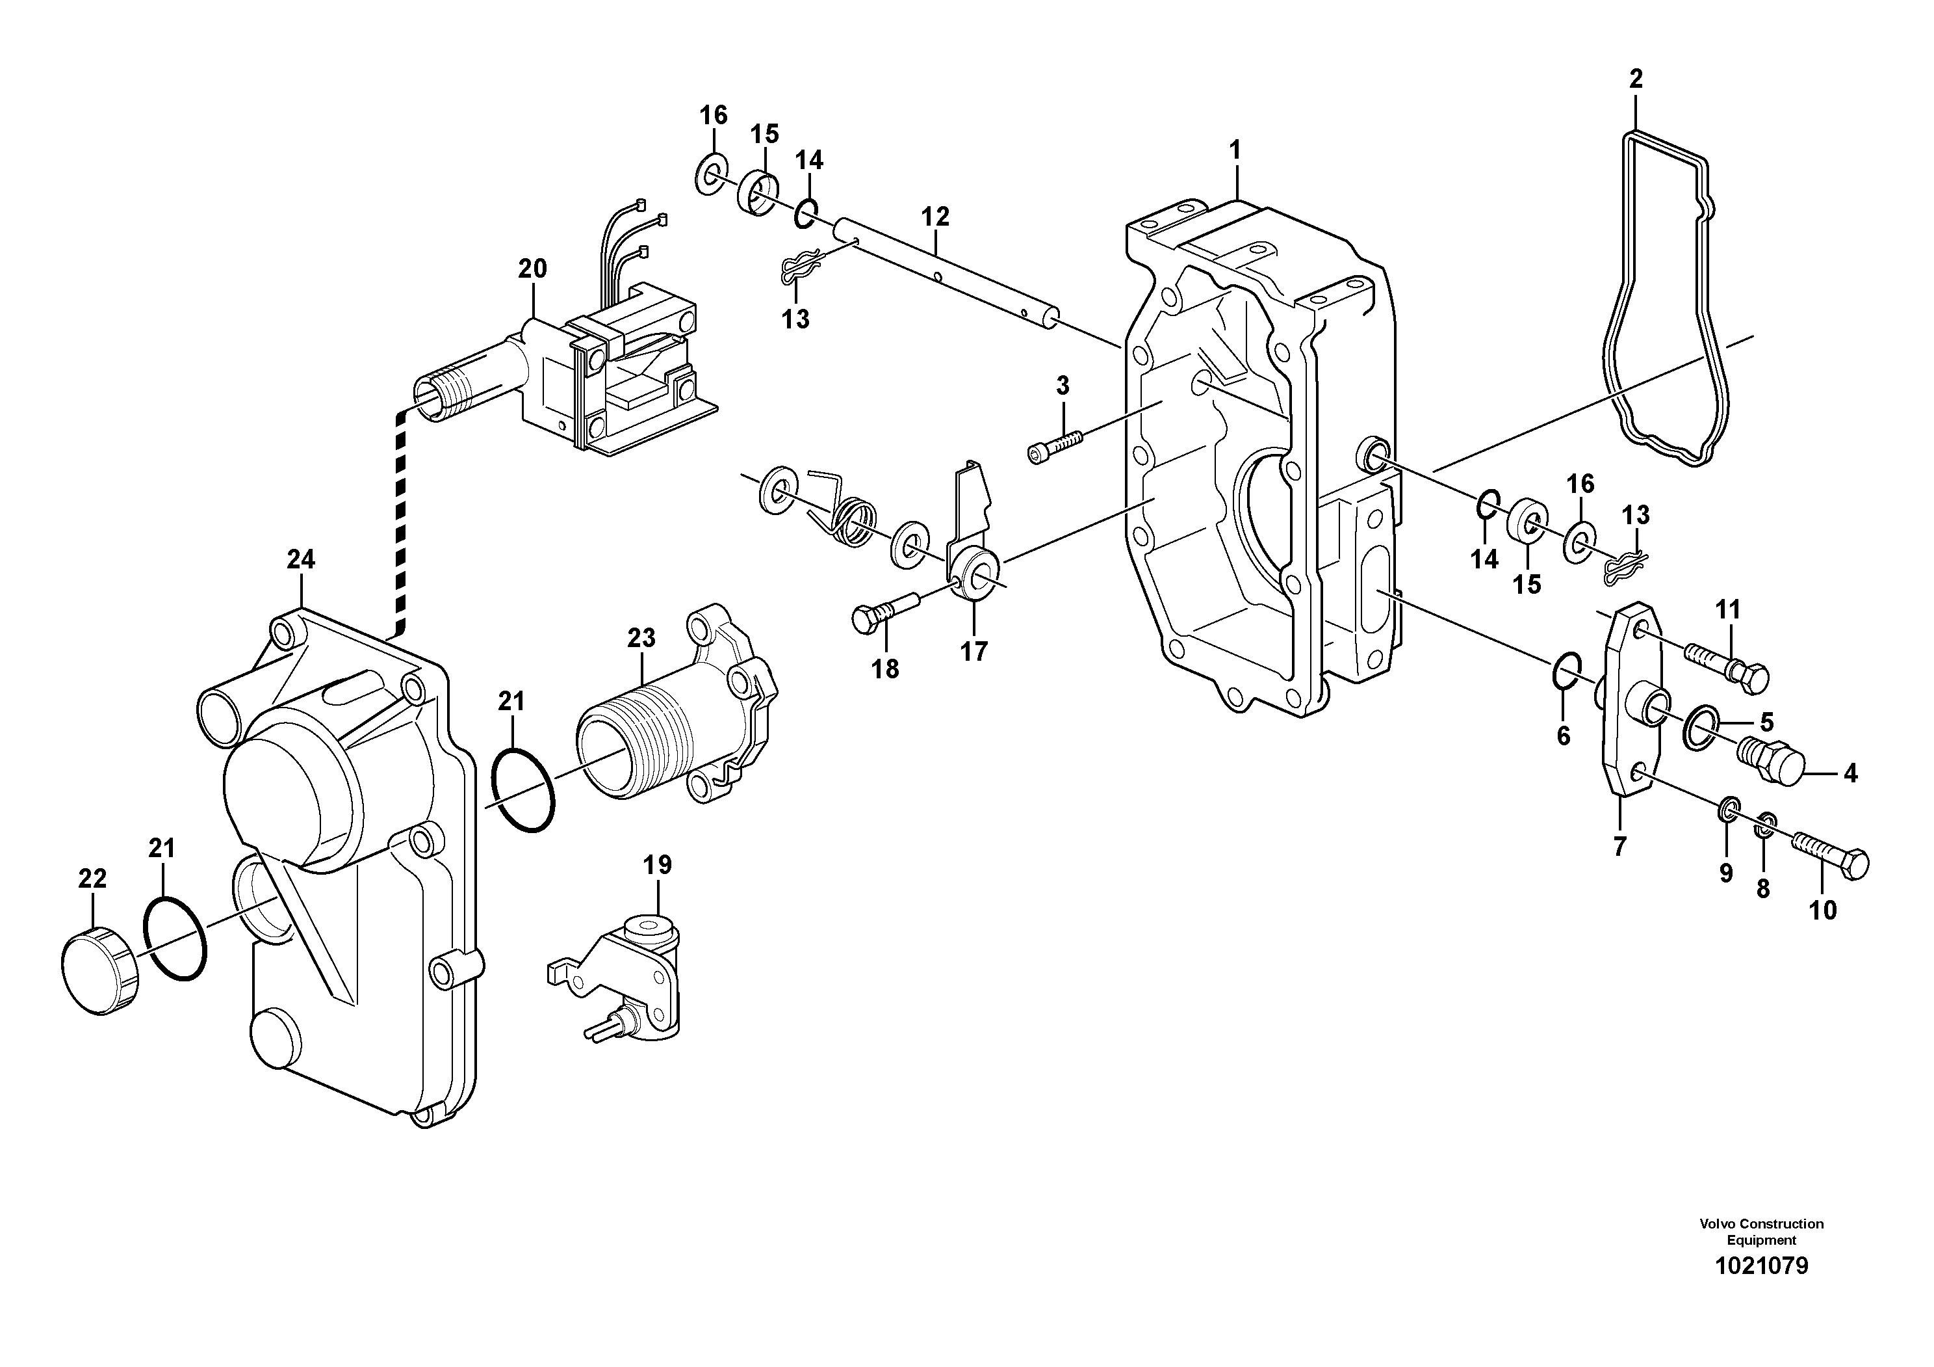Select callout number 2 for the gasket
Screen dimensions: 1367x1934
tap(1635, 79)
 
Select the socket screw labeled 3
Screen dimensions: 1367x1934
tap(1055, 445)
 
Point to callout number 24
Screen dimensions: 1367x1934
tap(301, 559)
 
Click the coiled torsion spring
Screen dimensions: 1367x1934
tap(851, 518)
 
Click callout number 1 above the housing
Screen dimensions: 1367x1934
tap(1235, 151)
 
